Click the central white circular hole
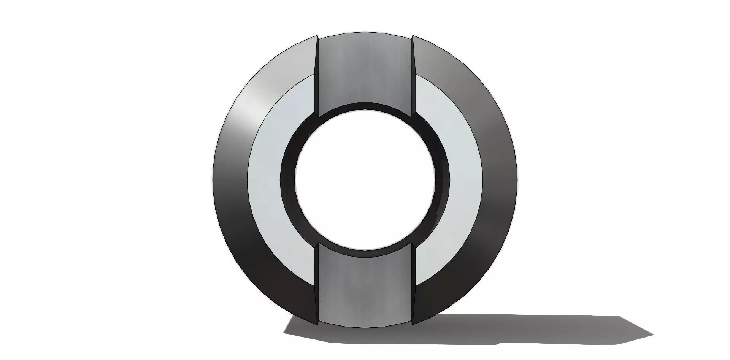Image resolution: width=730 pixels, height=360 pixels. (x=364, y=179)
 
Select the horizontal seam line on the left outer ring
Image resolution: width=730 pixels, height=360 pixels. (x=230, y=179)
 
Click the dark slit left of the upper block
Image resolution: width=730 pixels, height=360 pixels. (x=317, y=76)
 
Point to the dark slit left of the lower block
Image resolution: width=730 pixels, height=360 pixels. (x=316, y=285)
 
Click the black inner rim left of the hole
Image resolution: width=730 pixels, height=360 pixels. (x=287, y=179)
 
